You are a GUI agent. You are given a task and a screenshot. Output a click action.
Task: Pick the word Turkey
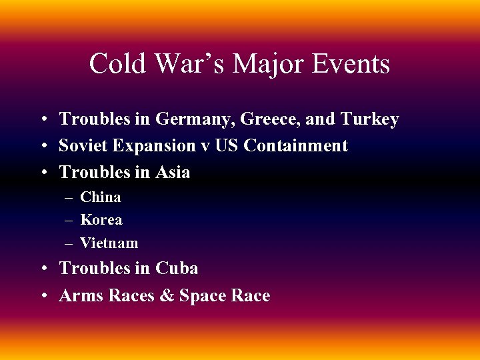pos(369,119)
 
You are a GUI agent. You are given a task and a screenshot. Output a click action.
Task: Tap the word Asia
pos(173,172)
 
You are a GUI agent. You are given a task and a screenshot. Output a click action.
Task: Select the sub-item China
pos(101,197)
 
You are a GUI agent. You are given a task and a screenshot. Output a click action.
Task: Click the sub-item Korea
pos(101,220)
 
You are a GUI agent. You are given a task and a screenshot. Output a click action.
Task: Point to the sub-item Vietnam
pos(109,243)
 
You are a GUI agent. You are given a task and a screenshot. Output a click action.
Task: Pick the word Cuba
pos(177,268)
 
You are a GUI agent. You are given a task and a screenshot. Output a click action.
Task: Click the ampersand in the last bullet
pos(165,296)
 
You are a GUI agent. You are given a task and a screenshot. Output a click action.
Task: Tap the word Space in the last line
pos(202,296)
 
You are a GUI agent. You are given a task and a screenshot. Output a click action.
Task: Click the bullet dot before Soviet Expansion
pos(42,146)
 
